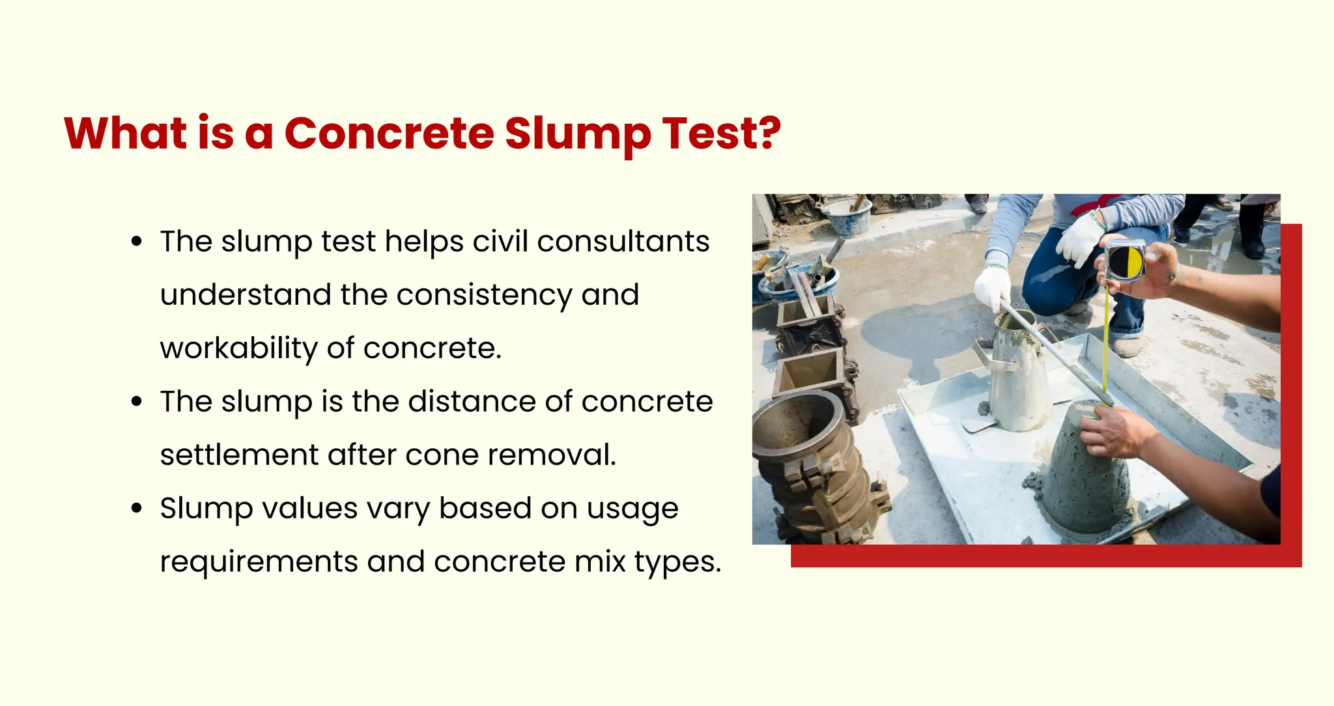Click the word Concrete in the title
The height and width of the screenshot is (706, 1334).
point(389,134)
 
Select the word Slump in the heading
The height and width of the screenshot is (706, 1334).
point(577,134)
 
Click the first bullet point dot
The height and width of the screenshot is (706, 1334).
point(136,242)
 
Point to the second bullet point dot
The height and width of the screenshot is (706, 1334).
point(136,402)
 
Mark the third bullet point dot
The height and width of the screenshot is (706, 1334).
point(136,509)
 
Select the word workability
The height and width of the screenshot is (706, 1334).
point(238,348)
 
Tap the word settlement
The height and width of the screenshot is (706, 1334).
point(239,455)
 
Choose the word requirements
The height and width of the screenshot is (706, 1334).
point(259,562)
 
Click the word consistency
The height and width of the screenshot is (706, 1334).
point(484,295)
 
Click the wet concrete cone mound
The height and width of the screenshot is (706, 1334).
point(1081,482)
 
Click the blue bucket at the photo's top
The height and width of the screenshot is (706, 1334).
point(846,215)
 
